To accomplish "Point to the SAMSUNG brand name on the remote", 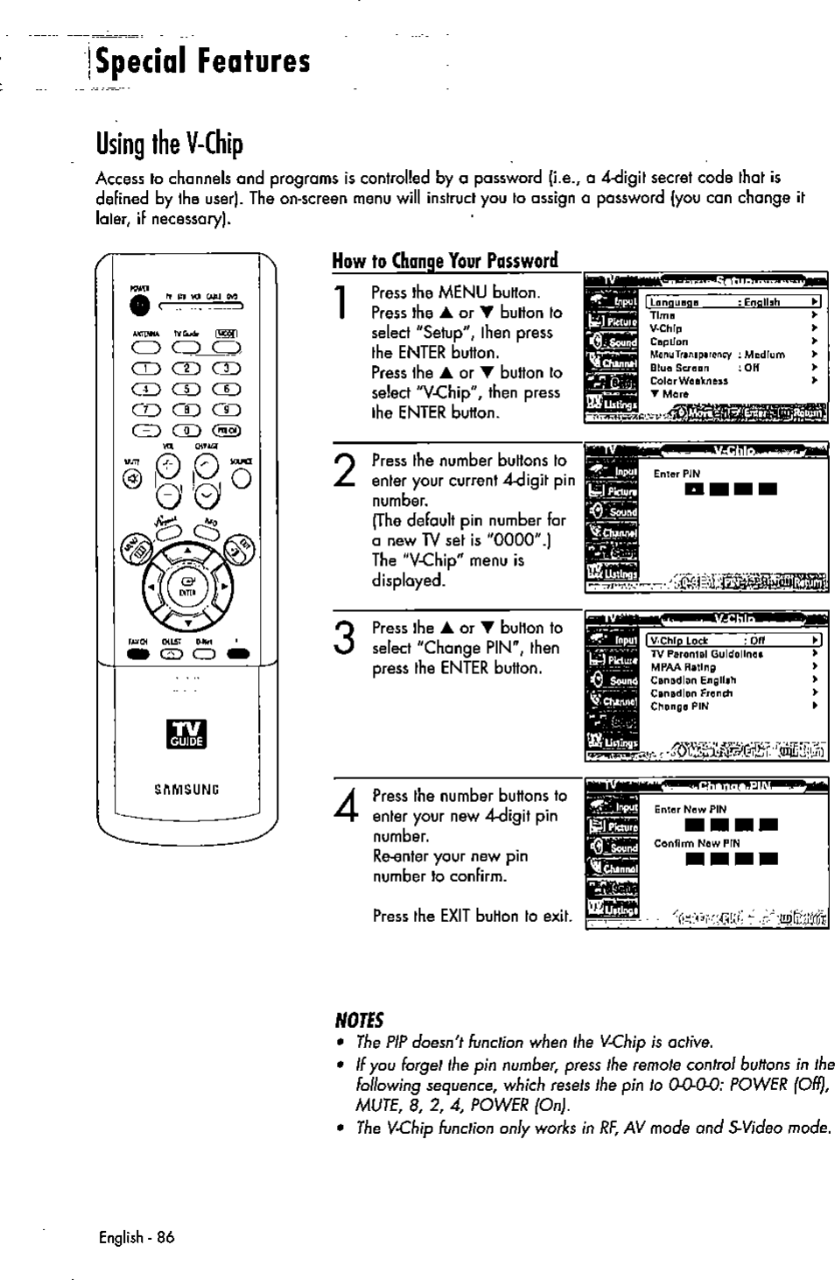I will [186, 789].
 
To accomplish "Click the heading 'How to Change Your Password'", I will [445, 261].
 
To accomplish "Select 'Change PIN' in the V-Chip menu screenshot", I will [679, 707].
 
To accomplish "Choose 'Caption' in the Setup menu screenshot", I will [669, 341].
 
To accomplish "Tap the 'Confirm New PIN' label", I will [697, 843].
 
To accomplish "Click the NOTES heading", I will [359, 1020].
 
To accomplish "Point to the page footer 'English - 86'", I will [137, 1237].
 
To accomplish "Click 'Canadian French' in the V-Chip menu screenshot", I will [691, 693].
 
